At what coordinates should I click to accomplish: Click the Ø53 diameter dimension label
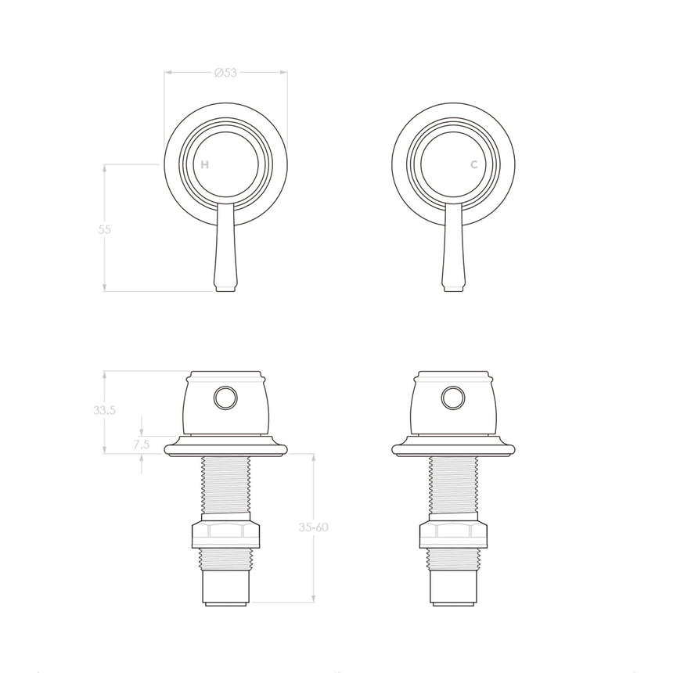[x=225, y=73]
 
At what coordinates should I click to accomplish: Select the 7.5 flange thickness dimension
[x=141, y=444]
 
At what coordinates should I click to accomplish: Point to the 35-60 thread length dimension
[x=313, y=527]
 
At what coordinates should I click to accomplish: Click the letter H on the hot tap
[x=204, y=165]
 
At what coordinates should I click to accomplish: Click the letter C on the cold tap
[x=473, y=165]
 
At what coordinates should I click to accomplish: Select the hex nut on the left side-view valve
[x=225, y=536]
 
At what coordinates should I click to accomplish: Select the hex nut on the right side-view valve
[x=452, y=536]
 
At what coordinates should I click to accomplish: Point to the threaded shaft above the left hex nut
[x=225, y=485]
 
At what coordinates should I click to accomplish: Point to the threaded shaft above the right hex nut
[x=452, y=485]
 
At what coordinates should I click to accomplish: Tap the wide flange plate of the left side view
[x=225, y=447]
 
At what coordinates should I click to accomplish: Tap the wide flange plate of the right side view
[x=452, y=447]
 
